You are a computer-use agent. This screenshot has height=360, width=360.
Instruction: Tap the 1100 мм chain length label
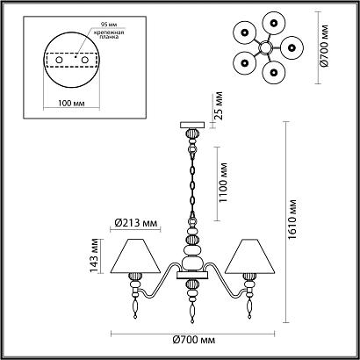tap(223, 183)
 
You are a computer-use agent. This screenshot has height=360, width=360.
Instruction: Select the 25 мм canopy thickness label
tap(219, 105)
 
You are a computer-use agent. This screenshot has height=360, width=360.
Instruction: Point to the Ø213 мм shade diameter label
tap(136, 223)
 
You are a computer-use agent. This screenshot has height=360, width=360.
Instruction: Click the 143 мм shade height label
tap(95, 256)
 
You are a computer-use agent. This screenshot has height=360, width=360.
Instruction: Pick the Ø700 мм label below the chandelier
tap(194, 340)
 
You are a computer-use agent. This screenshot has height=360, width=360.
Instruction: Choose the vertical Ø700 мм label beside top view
tap(324, 46)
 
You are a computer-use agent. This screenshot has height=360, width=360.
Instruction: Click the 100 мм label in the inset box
tap(71, 104)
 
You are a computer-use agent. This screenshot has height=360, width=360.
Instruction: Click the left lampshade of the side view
tap(135, 256)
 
